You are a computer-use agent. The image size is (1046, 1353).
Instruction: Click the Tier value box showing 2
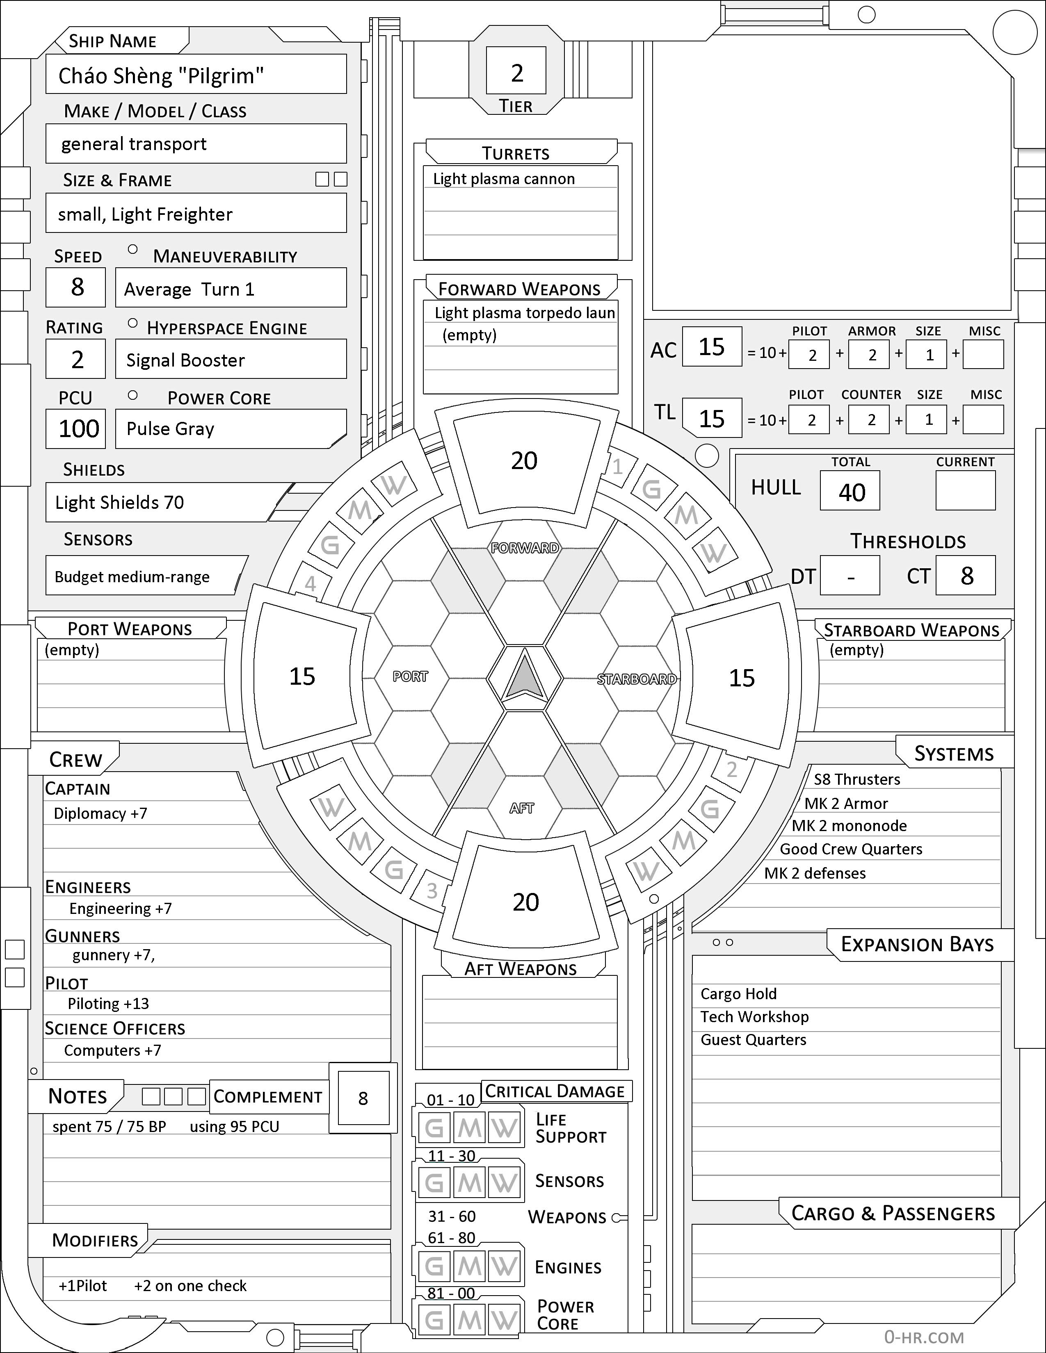pyautogui.click(x=516, y=71)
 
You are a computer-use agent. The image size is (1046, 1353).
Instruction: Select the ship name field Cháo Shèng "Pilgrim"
pyautogui.click(x=196, y=75)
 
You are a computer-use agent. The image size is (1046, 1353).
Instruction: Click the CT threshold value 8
pyautogui.click(x=966, y=576)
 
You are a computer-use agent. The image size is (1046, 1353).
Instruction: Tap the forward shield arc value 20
pyautogui.click(x=524, y=460)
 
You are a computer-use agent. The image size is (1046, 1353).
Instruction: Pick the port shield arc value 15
pyautogui.click(x=302, y=676)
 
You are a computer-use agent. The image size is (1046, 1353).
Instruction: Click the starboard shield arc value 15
pyautogui.click(x=741, y=678)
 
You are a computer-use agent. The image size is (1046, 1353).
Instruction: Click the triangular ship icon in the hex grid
pyautogui.click(x=524, y=678)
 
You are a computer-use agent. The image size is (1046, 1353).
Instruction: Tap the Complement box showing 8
pyautogui.click(x=363, y=1098)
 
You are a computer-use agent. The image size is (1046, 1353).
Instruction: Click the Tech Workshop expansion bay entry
pyautogui.click(x=754, y=1017)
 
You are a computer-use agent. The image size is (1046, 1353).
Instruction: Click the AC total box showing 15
pyautogui.click(x=711, y=347)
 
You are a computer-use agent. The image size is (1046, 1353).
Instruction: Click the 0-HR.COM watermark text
pyautogui.click(x=923, y=1337)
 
